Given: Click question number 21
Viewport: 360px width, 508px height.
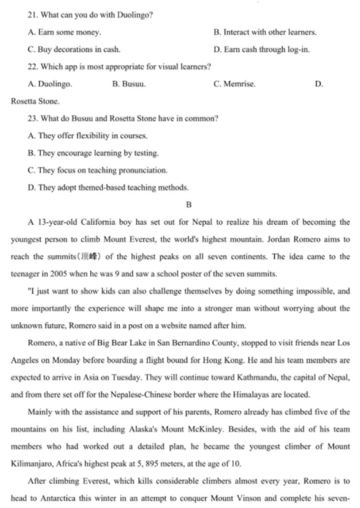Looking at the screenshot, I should pos(33,15).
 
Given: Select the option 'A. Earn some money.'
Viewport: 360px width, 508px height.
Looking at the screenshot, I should pos(64,32).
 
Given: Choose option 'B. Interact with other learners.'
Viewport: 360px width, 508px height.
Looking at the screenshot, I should pos(264,32).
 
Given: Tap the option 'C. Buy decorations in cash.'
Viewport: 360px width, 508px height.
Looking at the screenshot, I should pos(74,49).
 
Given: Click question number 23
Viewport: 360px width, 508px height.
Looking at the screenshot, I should pos(33,119).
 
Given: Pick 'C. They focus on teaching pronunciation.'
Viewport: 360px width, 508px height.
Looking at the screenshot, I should pos(98,170).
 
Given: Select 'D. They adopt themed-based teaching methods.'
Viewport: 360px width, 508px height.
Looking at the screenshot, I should pos(108,187).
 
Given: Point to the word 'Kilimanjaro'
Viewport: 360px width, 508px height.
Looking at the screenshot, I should pos(32,463).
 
